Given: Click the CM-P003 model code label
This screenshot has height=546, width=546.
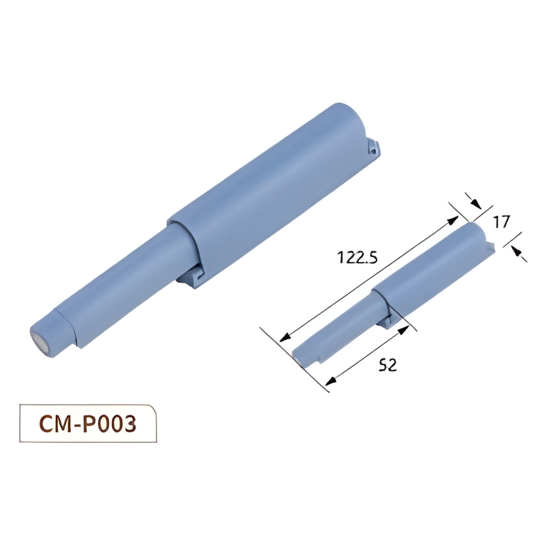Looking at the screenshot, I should click(x=87, y=424).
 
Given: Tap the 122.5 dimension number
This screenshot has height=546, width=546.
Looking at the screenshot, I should click(x=357, y=257).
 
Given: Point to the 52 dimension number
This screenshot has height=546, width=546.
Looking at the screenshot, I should click(x=388, y=365).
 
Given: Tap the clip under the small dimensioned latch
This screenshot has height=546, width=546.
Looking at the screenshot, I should click(x=387, y=322).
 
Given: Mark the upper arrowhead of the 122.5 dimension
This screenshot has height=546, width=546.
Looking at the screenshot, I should click(x=453, y=218).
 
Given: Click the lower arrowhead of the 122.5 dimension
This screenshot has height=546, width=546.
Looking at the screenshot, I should click(x=285, y=337).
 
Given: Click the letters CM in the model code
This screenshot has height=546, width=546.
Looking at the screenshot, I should click(x=53, y=424).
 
